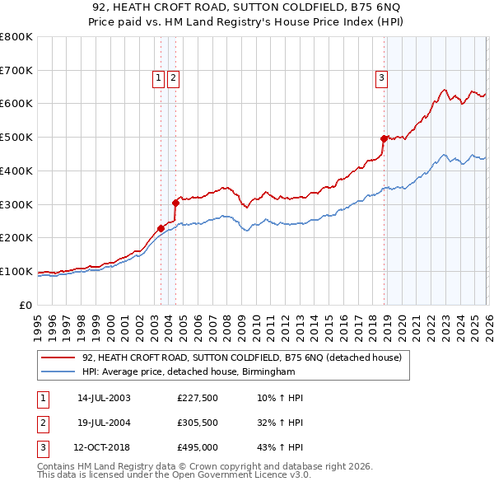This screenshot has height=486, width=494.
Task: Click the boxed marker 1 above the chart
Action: tap(158, 78)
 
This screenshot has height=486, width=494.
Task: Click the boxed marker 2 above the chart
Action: tap(174, 78)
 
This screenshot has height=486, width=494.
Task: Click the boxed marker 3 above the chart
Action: tap(382, 78)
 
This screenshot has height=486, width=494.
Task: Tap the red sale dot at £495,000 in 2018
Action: tap(384, 138)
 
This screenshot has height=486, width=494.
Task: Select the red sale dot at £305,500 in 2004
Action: tap(175, 202)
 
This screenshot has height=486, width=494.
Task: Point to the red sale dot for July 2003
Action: tap(161, 228)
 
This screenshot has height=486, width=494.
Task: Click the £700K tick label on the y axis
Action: tap(16, 70)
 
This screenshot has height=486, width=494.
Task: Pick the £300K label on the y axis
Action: tap(16, 204)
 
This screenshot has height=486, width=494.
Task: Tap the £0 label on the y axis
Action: tap(26, 305)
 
